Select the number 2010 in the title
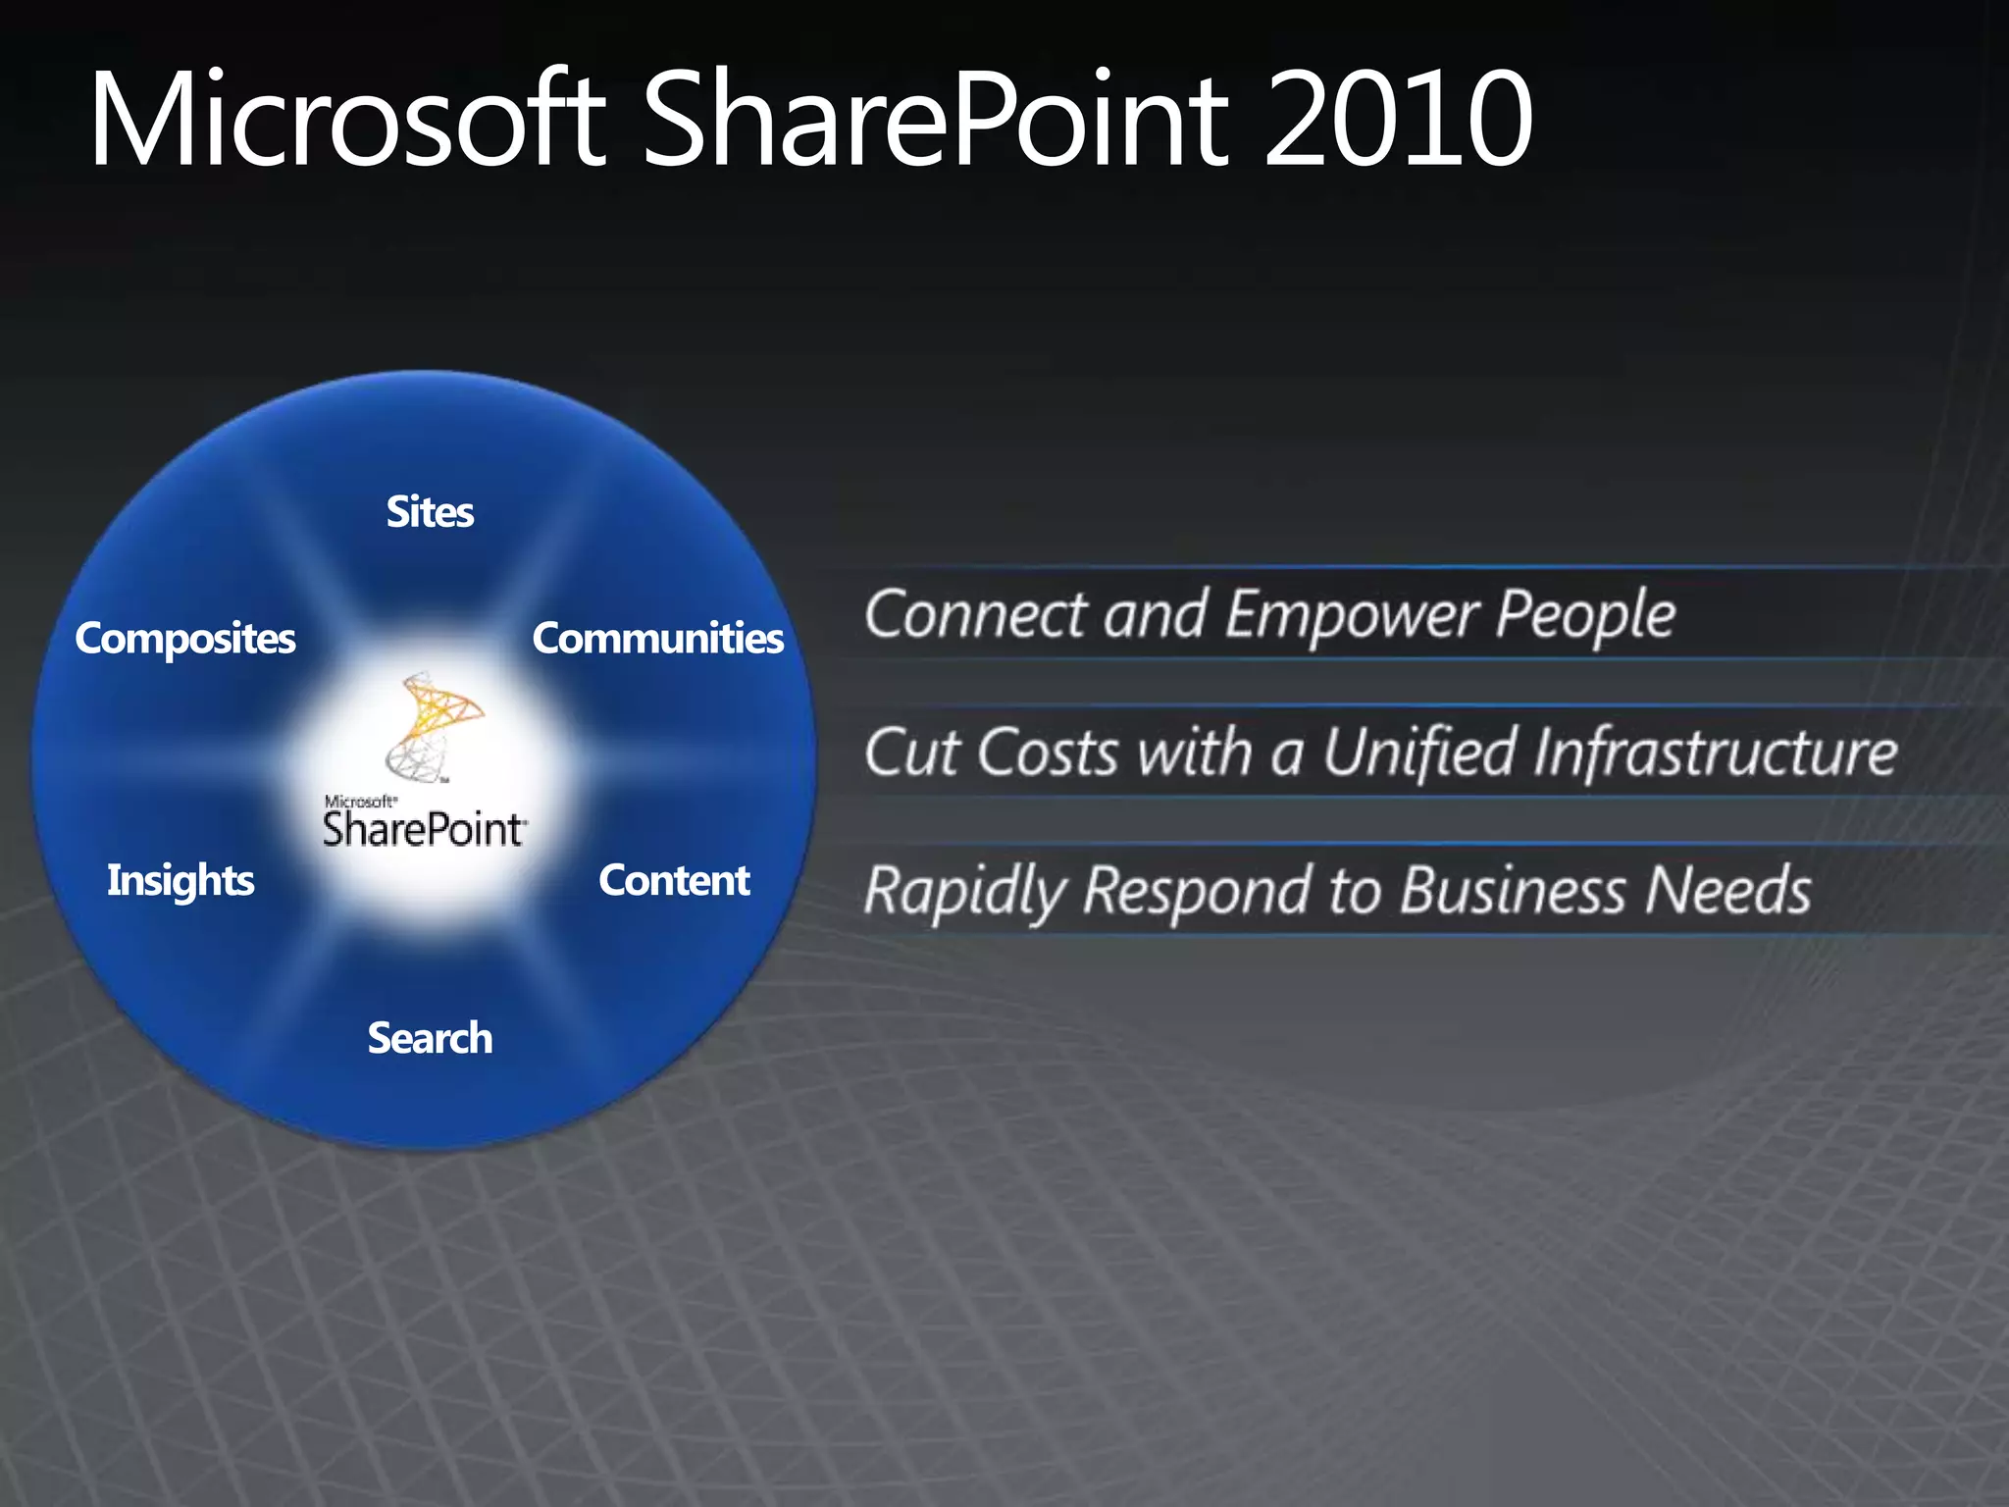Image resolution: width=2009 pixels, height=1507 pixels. click(x=1397, y=120)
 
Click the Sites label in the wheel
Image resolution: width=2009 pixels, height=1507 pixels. click(x=430, y=512)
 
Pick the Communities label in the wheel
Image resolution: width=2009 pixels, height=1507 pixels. click(x=657, y=639)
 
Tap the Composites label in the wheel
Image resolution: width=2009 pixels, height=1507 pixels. click(x=185, y=639)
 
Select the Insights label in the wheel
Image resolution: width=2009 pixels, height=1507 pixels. click(x=180, y=880)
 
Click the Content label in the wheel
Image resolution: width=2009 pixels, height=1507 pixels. click(x=674, y=880)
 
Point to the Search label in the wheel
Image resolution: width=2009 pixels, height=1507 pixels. click(x=430, y=1038)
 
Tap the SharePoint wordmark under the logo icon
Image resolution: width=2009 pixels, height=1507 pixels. click(x=424, y=830)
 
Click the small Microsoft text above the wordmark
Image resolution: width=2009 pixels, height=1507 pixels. click(x=360, y=802)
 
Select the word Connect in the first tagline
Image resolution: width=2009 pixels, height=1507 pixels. click(x=975, y=615)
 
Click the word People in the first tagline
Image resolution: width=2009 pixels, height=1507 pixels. click(x=1585, y=615)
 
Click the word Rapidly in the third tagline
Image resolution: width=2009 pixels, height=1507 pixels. click(x=964, y=892)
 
